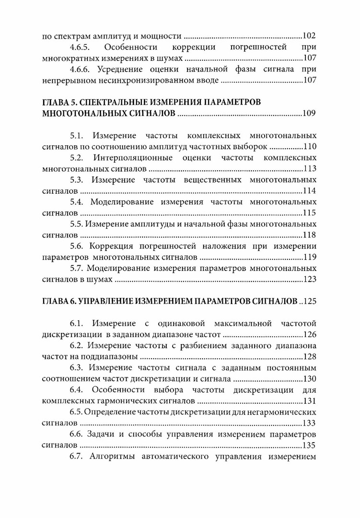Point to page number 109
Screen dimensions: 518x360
[309, 114]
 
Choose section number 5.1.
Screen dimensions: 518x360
[79, 135]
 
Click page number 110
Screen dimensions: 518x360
[309, 147]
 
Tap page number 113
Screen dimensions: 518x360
[309, 169]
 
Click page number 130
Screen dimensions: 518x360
[309, 378]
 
